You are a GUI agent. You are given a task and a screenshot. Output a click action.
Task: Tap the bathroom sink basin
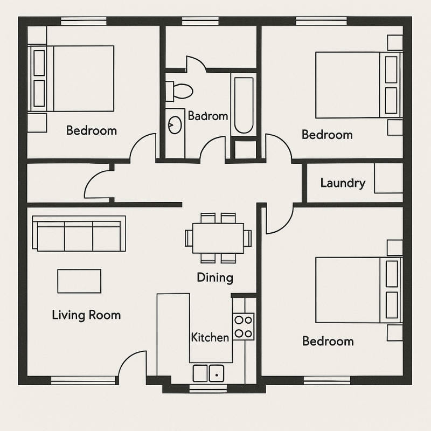pos(175,125)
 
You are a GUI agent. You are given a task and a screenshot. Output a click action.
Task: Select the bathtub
pos(244,105)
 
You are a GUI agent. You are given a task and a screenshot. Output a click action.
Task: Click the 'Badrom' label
pos(208,116)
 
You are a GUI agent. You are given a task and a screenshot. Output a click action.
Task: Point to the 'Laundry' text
pos(343,183)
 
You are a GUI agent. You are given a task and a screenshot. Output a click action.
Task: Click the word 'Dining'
pos(215,277)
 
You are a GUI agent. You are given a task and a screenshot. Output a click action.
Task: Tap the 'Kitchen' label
pos(210,337)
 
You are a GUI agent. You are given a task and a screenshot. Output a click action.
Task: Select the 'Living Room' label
pos(86,315)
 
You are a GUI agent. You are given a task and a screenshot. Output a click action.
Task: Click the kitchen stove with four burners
pos(244,326)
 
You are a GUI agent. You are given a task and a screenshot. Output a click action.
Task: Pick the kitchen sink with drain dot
pos(217,373)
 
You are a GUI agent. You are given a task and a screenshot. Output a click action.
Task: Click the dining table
pos(218,238)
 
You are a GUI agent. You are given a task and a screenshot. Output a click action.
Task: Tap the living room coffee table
pos(79,281)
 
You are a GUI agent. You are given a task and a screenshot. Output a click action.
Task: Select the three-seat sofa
pos(79,233)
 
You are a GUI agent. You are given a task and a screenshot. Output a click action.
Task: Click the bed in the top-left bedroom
pos(71,79)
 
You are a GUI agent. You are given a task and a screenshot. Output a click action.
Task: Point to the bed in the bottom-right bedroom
pos(359,290)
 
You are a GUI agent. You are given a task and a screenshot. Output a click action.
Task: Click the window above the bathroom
pos(200,21)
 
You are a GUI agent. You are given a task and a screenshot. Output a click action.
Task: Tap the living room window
pos(83,380)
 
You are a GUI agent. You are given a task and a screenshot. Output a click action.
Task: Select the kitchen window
pos(208,388)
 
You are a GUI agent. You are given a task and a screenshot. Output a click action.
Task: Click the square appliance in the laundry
pos(388,178)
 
